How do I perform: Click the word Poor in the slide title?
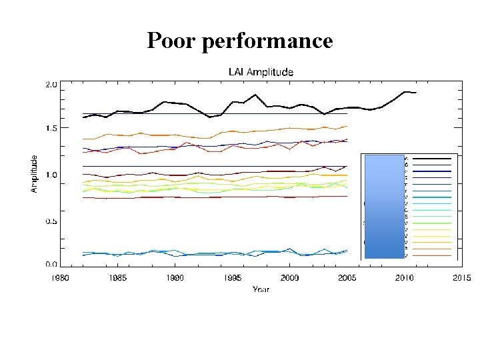tap(171, 41)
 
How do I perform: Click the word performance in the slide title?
tap(266, 42)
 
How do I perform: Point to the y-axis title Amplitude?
tap(34, 175)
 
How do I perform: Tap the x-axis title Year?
tap(261, 289)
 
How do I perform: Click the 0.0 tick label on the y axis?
tap(51, 264)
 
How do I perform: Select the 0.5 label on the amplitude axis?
tap(51, 221)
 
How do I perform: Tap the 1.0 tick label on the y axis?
tap(51, 175)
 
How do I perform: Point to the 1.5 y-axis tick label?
tap(51, 128)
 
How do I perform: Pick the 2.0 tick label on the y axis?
tap(51, 85)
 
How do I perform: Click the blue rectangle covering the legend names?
tap(385, 206)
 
